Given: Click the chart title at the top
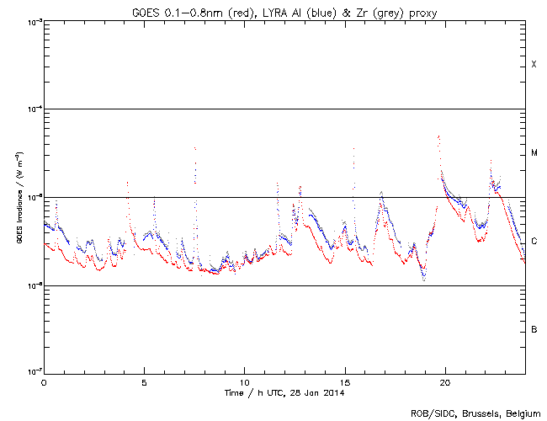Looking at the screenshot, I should [x=284, y=9].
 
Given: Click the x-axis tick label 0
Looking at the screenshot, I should [x=44, y=381].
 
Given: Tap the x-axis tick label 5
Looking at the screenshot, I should [x=144, y=381].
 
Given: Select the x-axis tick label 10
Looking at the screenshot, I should [x=244, y=381].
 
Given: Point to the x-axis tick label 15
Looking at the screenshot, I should [x=345, y=381].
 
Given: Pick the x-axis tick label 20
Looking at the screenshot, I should [x=445, y=381].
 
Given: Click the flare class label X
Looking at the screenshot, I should [x=534, y=65].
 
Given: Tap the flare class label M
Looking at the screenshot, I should [x=534, y=153].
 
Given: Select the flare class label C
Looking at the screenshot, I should [x=534, y=242].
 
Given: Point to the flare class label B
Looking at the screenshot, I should [x=534, y=329].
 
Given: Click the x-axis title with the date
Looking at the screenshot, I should [x=284, y=393].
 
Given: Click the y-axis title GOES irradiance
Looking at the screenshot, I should [x=18, y=197].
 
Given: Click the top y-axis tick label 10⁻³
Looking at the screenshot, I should [x=31, y=21].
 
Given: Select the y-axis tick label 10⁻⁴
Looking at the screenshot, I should [x=31, y=109].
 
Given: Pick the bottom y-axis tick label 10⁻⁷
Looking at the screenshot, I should [x=31, y=373].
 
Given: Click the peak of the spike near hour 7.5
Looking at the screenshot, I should [x=194, y=147].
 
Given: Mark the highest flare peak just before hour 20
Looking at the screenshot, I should [x=438, y=136].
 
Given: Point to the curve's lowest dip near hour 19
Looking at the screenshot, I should [x=423, y=280].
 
